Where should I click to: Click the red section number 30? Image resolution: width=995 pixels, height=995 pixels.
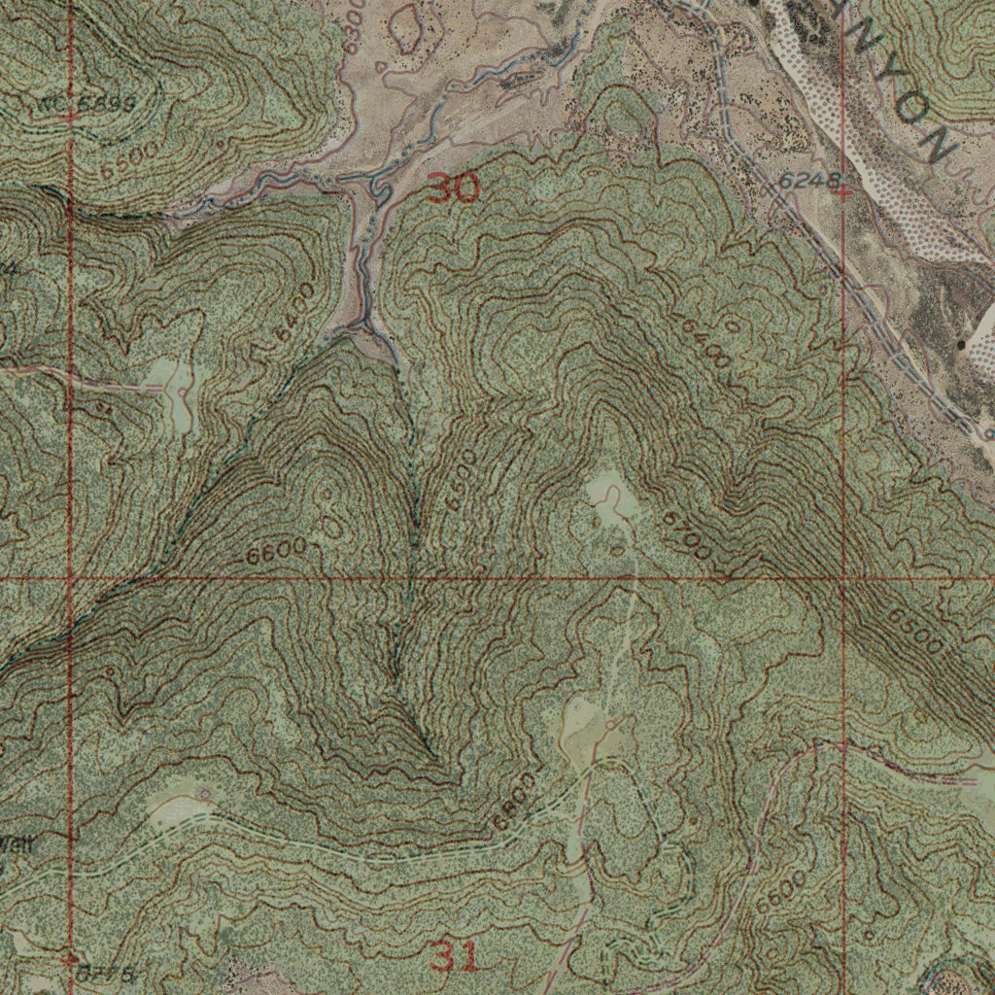(453, 189)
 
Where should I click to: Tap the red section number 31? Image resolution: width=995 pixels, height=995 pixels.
(455, 959)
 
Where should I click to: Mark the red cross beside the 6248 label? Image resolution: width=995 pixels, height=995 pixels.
(843, 192)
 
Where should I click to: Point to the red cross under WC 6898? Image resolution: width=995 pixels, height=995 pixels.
(70, 118)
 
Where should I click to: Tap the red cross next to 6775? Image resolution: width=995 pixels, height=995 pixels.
(70, 959)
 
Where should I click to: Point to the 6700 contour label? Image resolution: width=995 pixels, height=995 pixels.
(687, 535)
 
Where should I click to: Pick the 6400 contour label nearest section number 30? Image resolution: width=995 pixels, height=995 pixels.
(294, 311)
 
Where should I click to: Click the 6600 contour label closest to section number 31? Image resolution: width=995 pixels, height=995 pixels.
(514, 802)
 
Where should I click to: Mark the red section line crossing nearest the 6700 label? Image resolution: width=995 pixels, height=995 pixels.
(843, 579)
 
